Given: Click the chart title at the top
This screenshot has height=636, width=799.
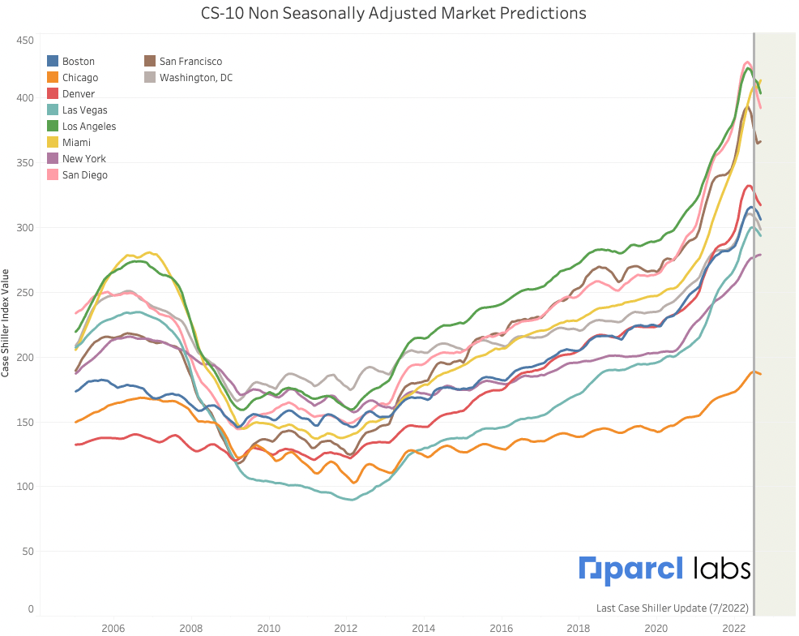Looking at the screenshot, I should pos(393,14).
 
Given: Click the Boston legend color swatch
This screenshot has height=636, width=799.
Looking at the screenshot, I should pos(53,62).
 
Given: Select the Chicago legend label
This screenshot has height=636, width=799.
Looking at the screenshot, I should pos(80,78).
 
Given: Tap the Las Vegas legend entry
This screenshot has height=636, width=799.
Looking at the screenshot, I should pos(84,110).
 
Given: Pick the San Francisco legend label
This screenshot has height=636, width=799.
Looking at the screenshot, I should pos(190,62).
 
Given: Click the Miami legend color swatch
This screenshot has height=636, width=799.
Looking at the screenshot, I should pos(53,143).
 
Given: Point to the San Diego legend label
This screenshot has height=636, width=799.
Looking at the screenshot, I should pos(85,175).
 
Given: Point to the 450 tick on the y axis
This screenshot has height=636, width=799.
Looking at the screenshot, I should pos(24,41).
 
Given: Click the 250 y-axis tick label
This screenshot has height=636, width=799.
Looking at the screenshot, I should pos(24,292).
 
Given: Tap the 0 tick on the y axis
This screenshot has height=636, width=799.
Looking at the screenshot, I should pos(30,608).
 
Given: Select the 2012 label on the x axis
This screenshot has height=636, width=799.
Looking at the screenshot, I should pos(346,628).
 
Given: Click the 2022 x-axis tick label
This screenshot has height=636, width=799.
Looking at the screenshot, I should pos(734,628).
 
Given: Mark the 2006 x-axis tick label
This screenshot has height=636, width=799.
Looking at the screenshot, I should pos(113,628).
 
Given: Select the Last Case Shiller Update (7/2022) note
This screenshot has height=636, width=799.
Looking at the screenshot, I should pos(673,608).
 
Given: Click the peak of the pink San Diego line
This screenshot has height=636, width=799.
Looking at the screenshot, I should pos(746,62).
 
